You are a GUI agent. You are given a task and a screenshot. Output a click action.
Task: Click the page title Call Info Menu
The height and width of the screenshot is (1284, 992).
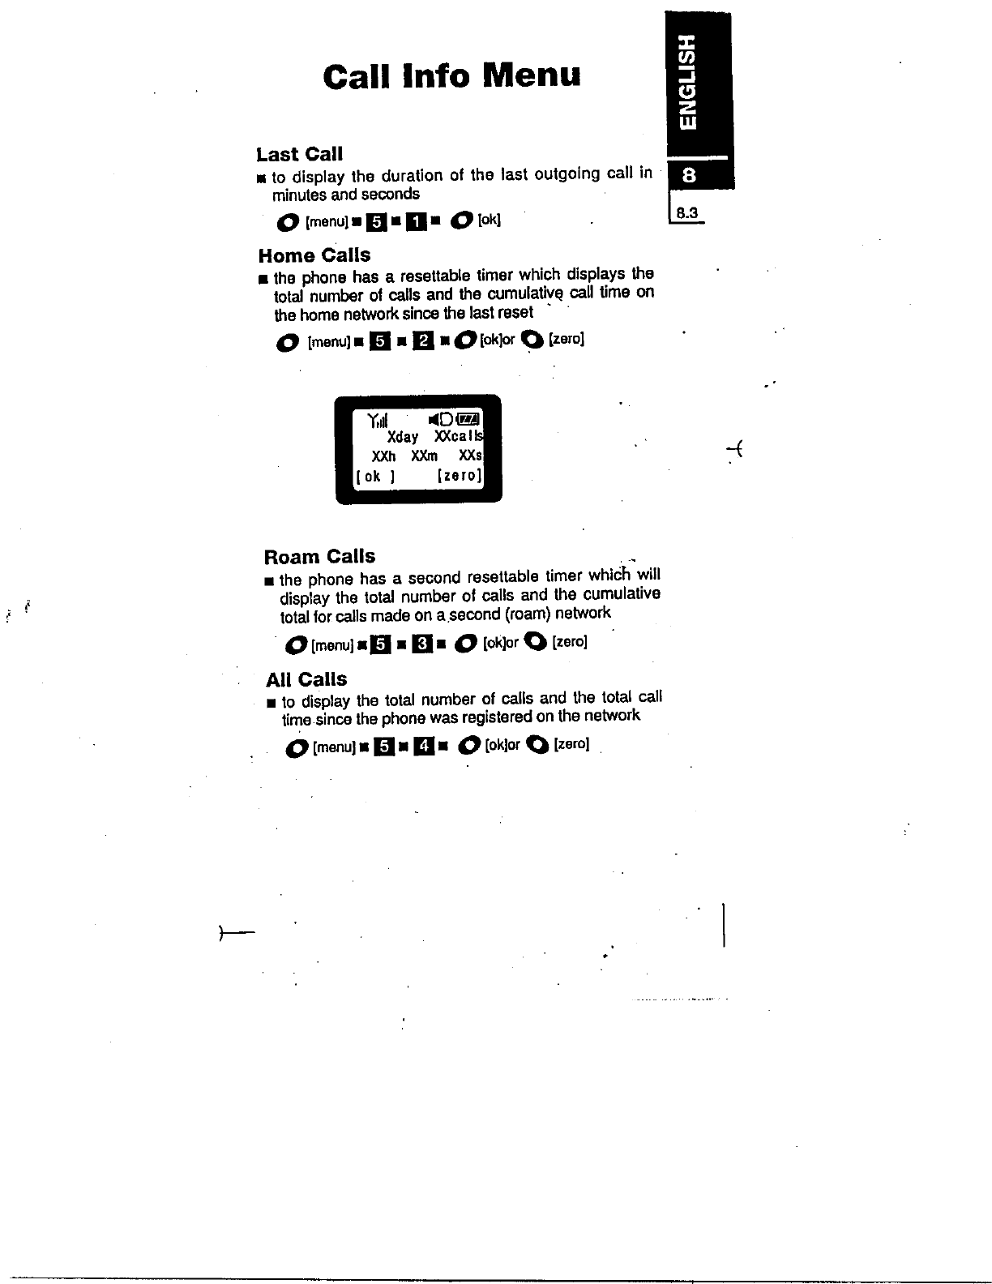(x=451, y=76)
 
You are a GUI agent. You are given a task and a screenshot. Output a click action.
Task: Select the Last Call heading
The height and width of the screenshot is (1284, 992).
(x=299, y=154)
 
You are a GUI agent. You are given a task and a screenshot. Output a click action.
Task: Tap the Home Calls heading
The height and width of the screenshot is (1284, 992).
(x=314, y=255)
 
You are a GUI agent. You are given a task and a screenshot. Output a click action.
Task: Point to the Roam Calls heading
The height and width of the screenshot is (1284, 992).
(x=319, y=556)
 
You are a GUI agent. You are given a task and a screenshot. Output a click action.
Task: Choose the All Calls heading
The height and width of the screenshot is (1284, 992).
(x=306, y=679)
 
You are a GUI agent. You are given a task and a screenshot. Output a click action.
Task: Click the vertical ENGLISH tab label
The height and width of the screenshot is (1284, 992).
(x=687, y=82)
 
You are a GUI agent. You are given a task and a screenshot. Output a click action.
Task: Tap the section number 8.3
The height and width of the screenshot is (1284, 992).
(x=687, y=213)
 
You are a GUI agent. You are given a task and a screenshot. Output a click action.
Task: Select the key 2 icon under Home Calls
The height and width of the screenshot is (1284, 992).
(x=422, y=340)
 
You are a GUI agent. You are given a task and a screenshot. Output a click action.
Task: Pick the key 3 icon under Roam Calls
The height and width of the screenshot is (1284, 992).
(x=421, y=644)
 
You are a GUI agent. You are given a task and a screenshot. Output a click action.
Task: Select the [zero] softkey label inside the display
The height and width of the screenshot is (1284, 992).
(x=460, y=476)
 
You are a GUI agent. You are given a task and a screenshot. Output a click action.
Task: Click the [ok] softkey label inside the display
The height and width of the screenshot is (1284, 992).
(x=374, y=476)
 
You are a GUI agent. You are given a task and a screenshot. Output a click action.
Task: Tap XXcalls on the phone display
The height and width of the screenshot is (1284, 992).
(x=458, y=437)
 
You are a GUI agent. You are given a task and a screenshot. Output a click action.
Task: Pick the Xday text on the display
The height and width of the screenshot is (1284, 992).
(x=403, y=437)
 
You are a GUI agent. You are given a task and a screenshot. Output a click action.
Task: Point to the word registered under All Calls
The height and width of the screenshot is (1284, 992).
(x=493, y=717)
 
